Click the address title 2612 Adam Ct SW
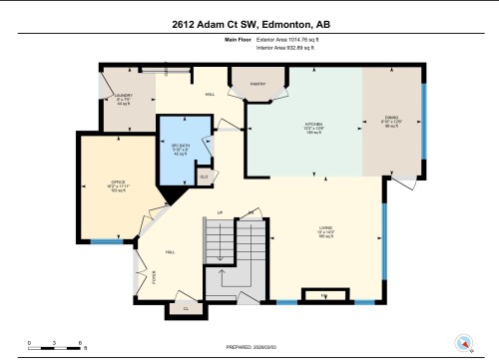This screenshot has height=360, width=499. pos(249,22)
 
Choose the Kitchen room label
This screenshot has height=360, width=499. pos(315,128)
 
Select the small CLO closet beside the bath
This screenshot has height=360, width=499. pos(204,176)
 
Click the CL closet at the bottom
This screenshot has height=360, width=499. pos(186,309)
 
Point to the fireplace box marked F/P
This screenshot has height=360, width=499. pos(322,296)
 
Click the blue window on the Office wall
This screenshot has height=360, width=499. pos(105,241)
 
